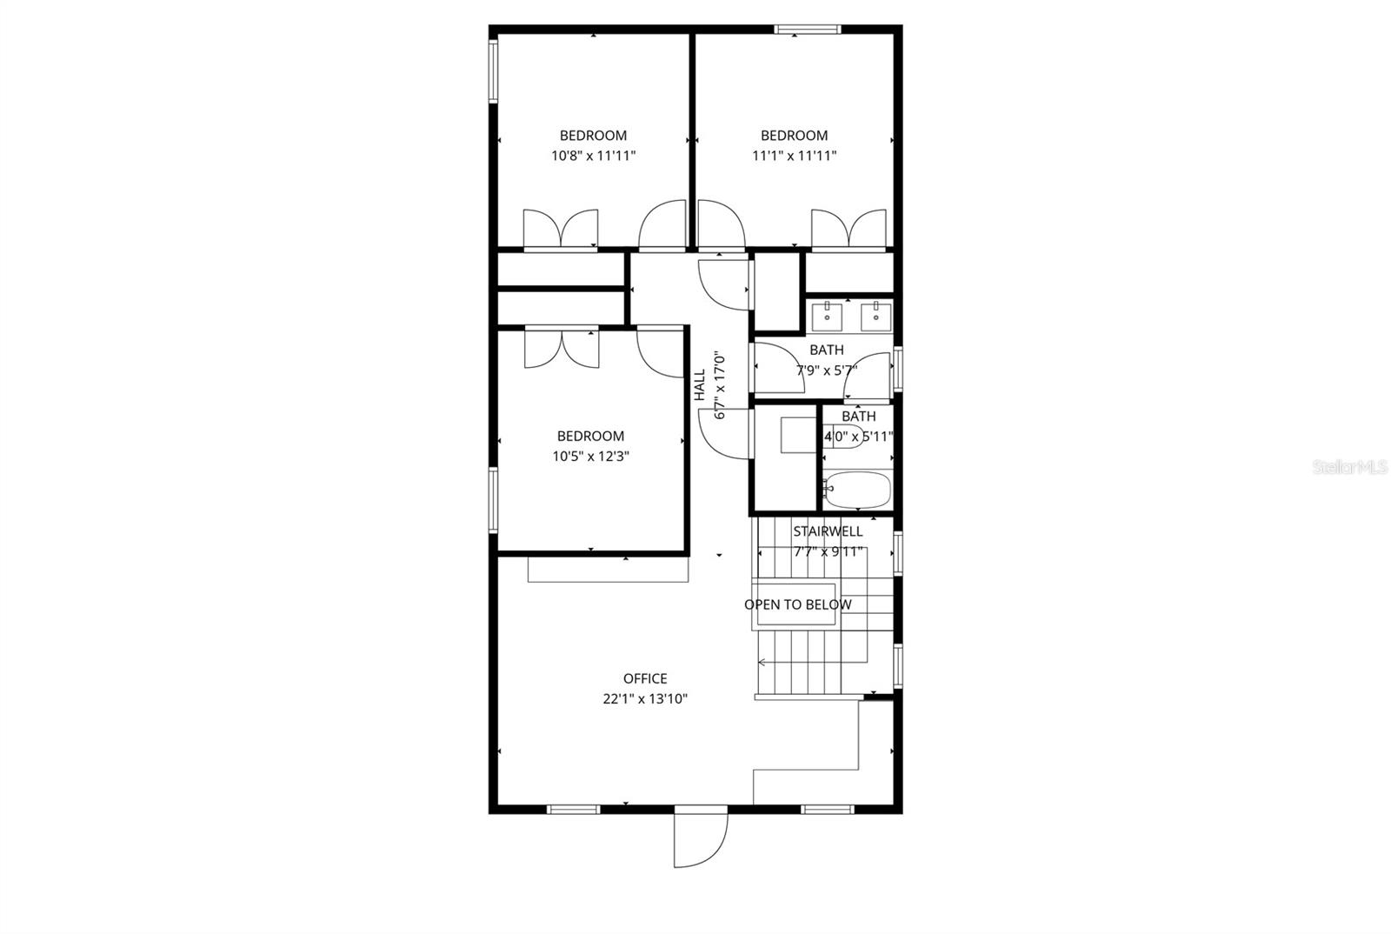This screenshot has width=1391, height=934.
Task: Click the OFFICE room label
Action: tap(645, 678)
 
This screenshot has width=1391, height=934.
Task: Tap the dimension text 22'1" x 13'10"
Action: tap(645, 698)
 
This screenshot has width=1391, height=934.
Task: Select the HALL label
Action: tap(700, 385)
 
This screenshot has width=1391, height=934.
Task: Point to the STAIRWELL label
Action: tap(828, 531)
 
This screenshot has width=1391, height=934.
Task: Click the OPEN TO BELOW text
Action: tap(798, 604)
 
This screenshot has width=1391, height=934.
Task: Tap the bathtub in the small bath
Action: tap(857, 490)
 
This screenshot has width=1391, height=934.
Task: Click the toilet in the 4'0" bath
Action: tap(844, 436)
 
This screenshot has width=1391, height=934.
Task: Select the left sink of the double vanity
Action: tap(827, 317)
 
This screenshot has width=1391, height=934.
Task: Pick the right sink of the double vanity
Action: tap(876, 317)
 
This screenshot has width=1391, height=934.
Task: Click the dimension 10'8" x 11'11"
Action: tap(594, 156)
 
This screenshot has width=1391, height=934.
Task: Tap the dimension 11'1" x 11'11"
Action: tap(795, 156)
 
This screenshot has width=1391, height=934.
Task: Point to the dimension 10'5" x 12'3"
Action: tap(590, 457)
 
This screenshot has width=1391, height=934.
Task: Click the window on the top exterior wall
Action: tap(808, 30)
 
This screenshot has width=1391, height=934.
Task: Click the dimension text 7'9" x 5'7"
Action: tap(827, 370)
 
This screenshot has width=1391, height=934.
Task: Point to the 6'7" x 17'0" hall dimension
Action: tap(720, 385)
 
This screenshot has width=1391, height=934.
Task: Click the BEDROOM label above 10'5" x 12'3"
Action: tap(590, 436)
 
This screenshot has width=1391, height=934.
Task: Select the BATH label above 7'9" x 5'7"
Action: tap(827, 350)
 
